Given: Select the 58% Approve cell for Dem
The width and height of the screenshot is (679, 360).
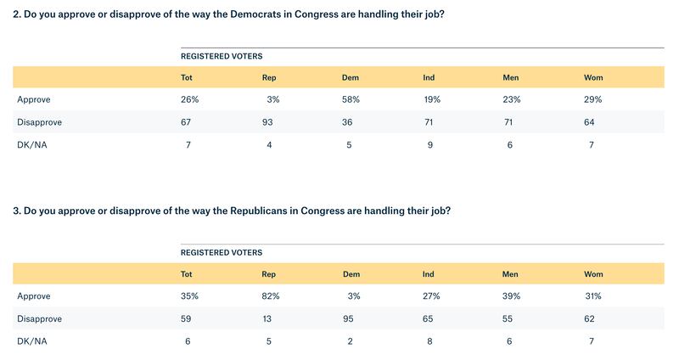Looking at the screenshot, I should [351, 99].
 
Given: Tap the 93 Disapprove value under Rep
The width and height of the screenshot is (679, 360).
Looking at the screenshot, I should [271, 121].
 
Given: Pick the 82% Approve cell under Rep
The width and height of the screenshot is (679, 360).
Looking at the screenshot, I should [271, 296].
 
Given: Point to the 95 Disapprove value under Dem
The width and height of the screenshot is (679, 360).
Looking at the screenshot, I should [351, 318].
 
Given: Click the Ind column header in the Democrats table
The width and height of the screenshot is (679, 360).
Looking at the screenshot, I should [429, 77].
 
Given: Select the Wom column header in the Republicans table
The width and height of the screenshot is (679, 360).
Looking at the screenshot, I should [593, 274].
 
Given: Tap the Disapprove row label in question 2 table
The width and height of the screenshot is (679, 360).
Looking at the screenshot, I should [39, 121].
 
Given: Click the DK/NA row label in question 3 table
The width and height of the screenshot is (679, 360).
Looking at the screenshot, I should [32, 340].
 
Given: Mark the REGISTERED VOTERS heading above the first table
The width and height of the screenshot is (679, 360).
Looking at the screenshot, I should [222, 56].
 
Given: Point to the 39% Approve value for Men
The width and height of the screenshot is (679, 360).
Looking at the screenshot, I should [513, 296].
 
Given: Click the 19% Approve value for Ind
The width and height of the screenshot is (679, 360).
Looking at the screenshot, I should [432, 99].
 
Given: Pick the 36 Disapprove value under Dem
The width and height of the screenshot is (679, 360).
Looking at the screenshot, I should [351, 121].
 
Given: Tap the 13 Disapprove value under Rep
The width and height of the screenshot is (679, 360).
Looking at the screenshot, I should [271, 318].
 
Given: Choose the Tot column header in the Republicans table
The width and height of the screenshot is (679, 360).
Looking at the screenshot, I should [187, 274].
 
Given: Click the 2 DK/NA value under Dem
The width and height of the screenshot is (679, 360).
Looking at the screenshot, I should [351, 340].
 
